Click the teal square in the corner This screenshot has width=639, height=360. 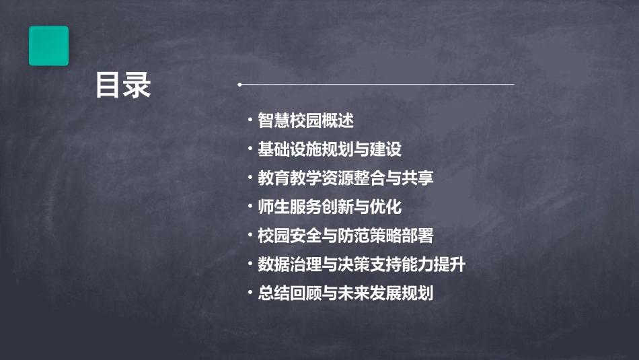click(48, 46)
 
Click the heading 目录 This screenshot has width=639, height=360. click(123, 85)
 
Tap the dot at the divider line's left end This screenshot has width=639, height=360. click(239, 85)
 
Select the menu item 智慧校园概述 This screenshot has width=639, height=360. click(305, 121)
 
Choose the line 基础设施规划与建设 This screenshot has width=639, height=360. click(330, 149)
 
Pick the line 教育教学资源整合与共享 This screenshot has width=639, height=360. click(346, 178)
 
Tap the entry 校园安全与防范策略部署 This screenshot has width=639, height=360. click(346, 236)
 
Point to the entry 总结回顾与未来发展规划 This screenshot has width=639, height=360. click(346, 294)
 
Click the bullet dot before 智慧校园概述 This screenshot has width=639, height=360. click(250, 121)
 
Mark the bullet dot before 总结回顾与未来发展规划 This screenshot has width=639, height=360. click(250, 294)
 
